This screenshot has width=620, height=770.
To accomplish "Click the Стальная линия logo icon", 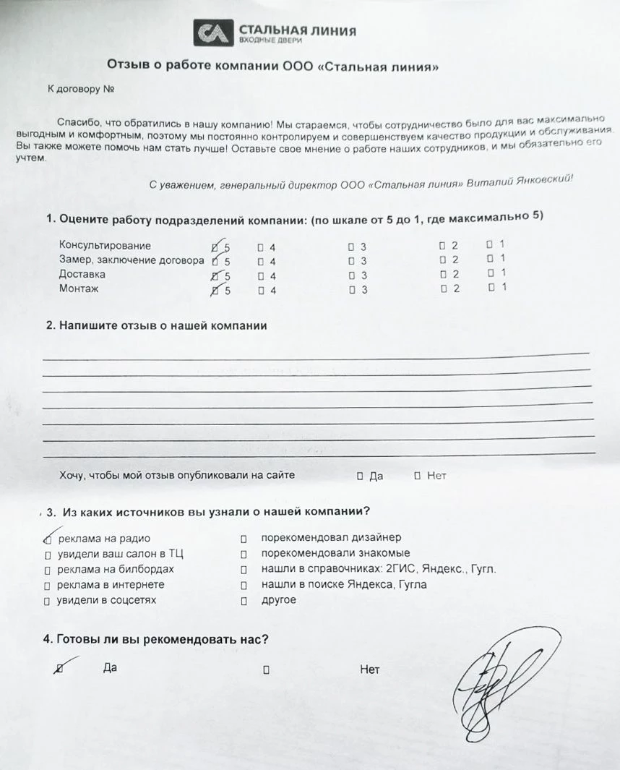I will (x=213, y=33).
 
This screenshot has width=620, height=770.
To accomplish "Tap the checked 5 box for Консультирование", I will (x=215, y=247).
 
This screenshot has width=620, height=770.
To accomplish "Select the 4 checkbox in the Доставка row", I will (x=261, y=275).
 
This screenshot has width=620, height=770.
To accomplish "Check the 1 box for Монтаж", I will (x=491, y=287).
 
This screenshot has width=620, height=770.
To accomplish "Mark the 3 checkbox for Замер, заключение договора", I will (x=351, y=261).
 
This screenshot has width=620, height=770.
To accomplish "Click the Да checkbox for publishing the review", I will (x=360, y=476).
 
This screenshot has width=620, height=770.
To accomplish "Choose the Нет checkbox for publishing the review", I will (x=418, y=476).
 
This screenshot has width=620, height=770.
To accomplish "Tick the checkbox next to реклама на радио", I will (x=48, y=539).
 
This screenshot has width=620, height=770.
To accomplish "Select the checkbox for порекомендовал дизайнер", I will (x=244, y=539).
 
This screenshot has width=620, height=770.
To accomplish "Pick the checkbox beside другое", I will (x=244, y=601).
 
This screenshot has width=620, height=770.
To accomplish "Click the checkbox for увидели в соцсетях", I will (x=47, y=601).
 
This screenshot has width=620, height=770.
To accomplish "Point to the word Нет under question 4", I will (x=369, y=670).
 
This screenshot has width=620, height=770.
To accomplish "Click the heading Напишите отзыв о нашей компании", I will (x=156, y=326).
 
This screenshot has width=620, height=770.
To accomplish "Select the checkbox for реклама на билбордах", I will (x=47, y=570).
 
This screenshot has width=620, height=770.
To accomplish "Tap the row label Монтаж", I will (x=79, y=289).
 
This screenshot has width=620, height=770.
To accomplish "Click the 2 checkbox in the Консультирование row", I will (x=442, y=247).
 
